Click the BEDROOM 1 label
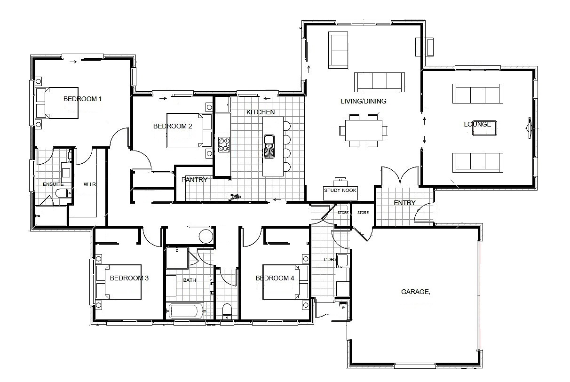point(82,99)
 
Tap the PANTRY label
point(194,180)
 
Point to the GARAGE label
point(416,292)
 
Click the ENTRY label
point(404,203)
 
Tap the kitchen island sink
point(269,147)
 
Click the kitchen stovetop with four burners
point(224,144)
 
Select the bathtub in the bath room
point(185,311)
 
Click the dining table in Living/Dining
point(364,130)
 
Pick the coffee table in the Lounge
point(484,128)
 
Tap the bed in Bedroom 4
point(285,282)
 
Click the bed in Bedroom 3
point(119,282)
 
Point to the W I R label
point(89,184)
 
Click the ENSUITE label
point(53,184)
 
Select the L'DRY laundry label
point(330,260)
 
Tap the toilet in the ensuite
point(63,193)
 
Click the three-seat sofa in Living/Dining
point(380,82)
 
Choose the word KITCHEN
point(261,112)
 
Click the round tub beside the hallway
point(206,237)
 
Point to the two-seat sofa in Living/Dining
point(338,50)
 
